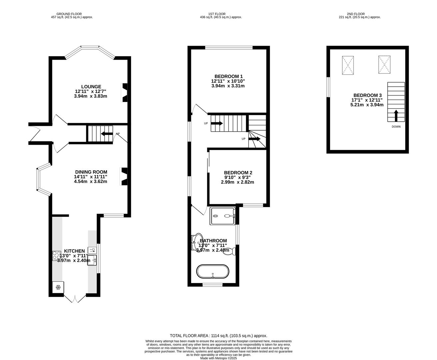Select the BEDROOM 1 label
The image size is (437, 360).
click(x=228, y=76)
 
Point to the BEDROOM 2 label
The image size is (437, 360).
click(x=238, y=173)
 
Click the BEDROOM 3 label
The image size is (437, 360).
click(x=367, y=95)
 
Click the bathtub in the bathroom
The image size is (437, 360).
click(x=213, y=271)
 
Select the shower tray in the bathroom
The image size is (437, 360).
click(x=223, y=216)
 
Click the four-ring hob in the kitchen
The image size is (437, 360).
click(x=56, y=256)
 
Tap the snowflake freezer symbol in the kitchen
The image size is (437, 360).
click(x=58, y=287)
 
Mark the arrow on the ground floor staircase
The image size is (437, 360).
click(x=107, y=134)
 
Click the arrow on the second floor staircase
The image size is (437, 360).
click(x=396, y=116)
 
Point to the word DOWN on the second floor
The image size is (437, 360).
click(x=396, y=127)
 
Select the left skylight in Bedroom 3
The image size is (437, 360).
click(x=348, y=65)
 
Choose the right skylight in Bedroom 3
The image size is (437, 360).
click(x=384, y=65)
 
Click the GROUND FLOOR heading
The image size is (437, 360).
click(x=69, y=14)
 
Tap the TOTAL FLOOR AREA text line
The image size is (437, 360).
click(x=218, y=336)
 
